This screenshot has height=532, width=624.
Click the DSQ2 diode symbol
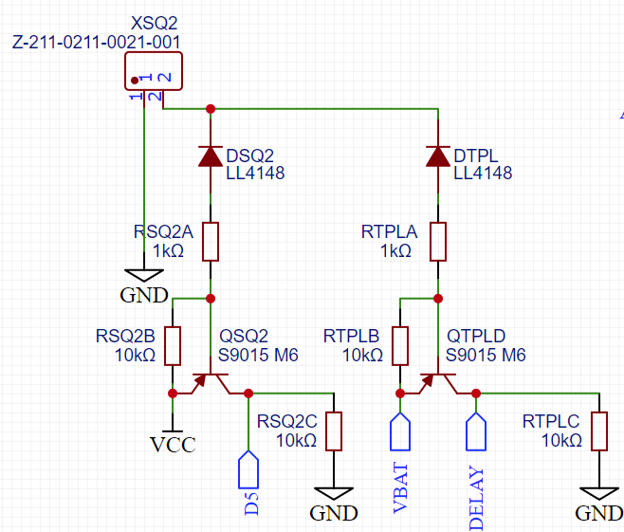[211, 156]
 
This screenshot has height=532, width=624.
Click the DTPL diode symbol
[438, 156]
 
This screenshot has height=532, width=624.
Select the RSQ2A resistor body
[211, 242]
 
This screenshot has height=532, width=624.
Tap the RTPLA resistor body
[438, 242]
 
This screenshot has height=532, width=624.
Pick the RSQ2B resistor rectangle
[173, 346]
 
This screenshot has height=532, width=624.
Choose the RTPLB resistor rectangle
[400, 346]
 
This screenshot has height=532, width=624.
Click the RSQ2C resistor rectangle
[334, 431]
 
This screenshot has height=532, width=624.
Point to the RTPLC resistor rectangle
[599, 431]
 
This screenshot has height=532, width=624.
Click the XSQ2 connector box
[154, 71]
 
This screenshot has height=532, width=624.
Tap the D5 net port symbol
[248, 469]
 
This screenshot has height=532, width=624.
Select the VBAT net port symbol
[400, 431]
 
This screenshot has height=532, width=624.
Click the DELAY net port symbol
[476, 431]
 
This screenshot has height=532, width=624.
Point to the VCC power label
[173, 444]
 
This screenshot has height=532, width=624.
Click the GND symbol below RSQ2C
[334, 494]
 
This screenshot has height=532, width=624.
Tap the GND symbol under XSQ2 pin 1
[144, 276]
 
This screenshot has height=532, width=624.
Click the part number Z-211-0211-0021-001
[97, 42]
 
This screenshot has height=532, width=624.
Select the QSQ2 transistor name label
[244, 337]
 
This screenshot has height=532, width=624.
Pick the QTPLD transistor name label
[476, 337]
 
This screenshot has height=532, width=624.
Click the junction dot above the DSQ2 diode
[211, 109]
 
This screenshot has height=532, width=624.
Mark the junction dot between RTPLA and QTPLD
[438, 299]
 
